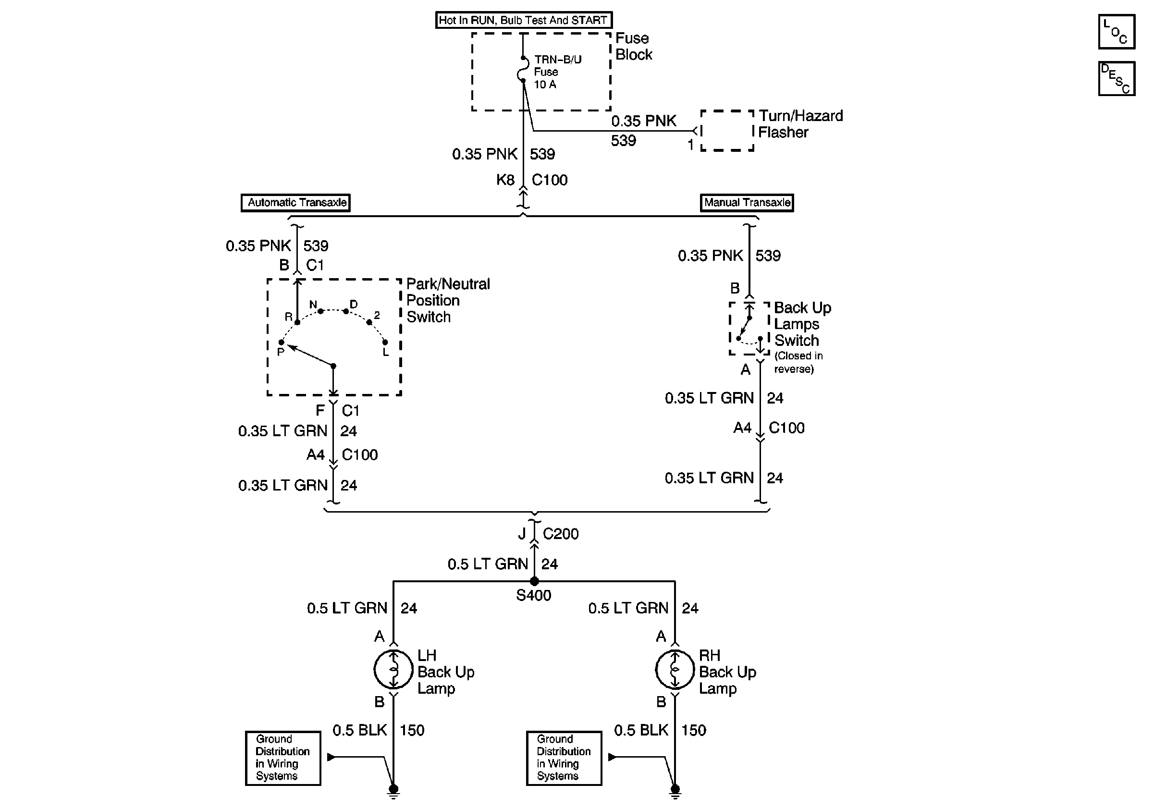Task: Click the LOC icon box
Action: tap(1117, 32)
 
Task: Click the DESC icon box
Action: tap(1117, 78)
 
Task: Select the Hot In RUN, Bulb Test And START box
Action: tap(523, 20)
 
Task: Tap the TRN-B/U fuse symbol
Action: tap(523, 69)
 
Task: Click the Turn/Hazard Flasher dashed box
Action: tap(727, 131)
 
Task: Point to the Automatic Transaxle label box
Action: tap(295, 203)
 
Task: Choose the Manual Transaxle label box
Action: tap(747, 203)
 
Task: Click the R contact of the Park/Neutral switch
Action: tap(297, 322)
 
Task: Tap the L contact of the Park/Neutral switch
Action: tap(385, 343)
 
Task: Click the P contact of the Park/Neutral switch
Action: tap(282, 343)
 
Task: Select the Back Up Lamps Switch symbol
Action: tap(749, 329)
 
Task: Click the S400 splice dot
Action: tap(534, 581)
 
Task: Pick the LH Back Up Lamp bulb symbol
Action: tap(393, 669)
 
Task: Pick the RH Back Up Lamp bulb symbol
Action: tap(675, 669)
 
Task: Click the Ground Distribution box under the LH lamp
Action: tap(283, 758)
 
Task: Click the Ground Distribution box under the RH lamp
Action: tap(564, 758)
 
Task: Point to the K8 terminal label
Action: tap(505, 180)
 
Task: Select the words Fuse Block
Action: tap(633, 46)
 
